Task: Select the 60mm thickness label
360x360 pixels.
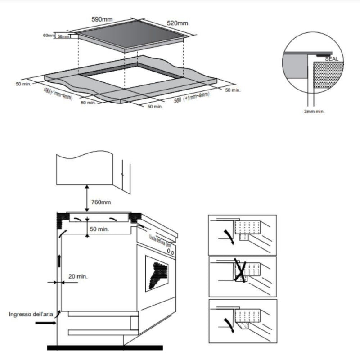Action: pyautogui.click(x=48, y=35)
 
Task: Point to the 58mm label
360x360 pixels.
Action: pyautogui.click(x=63, y=36)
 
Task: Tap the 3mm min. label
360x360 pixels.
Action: pyautogui.click(x=314, y=111)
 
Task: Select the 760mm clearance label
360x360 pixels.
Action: pyautogui.click(x=101, y=202)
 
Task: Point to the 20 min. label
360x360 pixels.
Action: pyautogui.click(x=78, y=276)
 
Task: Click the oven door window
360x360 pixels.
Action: pyautogui.click(x=157, y=273)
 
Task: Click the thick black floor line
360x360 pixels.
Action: pyautogui.click(x=104, y=347)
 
